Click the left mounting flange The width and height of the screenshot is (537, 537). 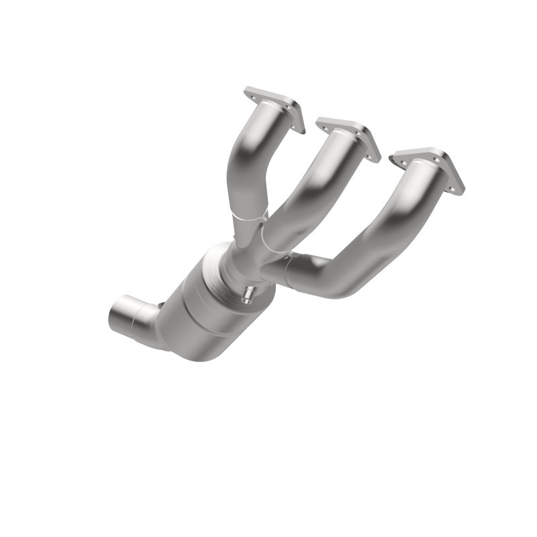(274, 107)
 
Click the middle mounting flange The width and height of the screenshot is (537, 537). (348, 138)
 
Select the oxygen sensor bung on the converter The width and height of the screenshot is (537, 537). (248, 294)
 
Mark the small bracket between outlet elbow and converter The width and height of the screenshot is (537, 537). (160, 307)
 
